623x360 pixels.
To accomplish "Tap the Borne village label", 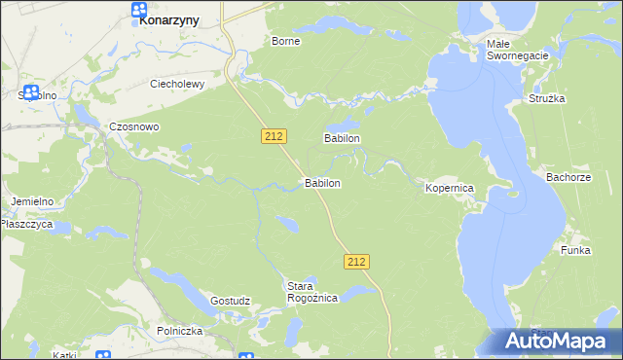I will point(285,41).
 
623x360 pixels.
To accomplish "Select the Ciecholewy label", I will point(176,84).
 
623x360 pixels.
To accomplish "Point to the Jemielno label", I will point(32,200).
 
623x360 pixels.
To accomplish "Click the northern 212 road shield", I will point(274,137).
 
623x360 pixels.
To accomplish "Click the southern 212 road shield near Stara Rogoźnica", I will point(356,261).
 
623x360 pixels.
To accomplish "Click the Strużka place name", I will point(547,99).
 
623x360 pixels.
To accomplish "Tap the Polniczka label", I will point(179,331).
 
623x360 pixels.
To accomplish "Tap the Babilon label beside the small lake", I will point(343,139).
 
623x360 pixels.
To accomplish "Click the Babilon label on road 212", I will point(322,183).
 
